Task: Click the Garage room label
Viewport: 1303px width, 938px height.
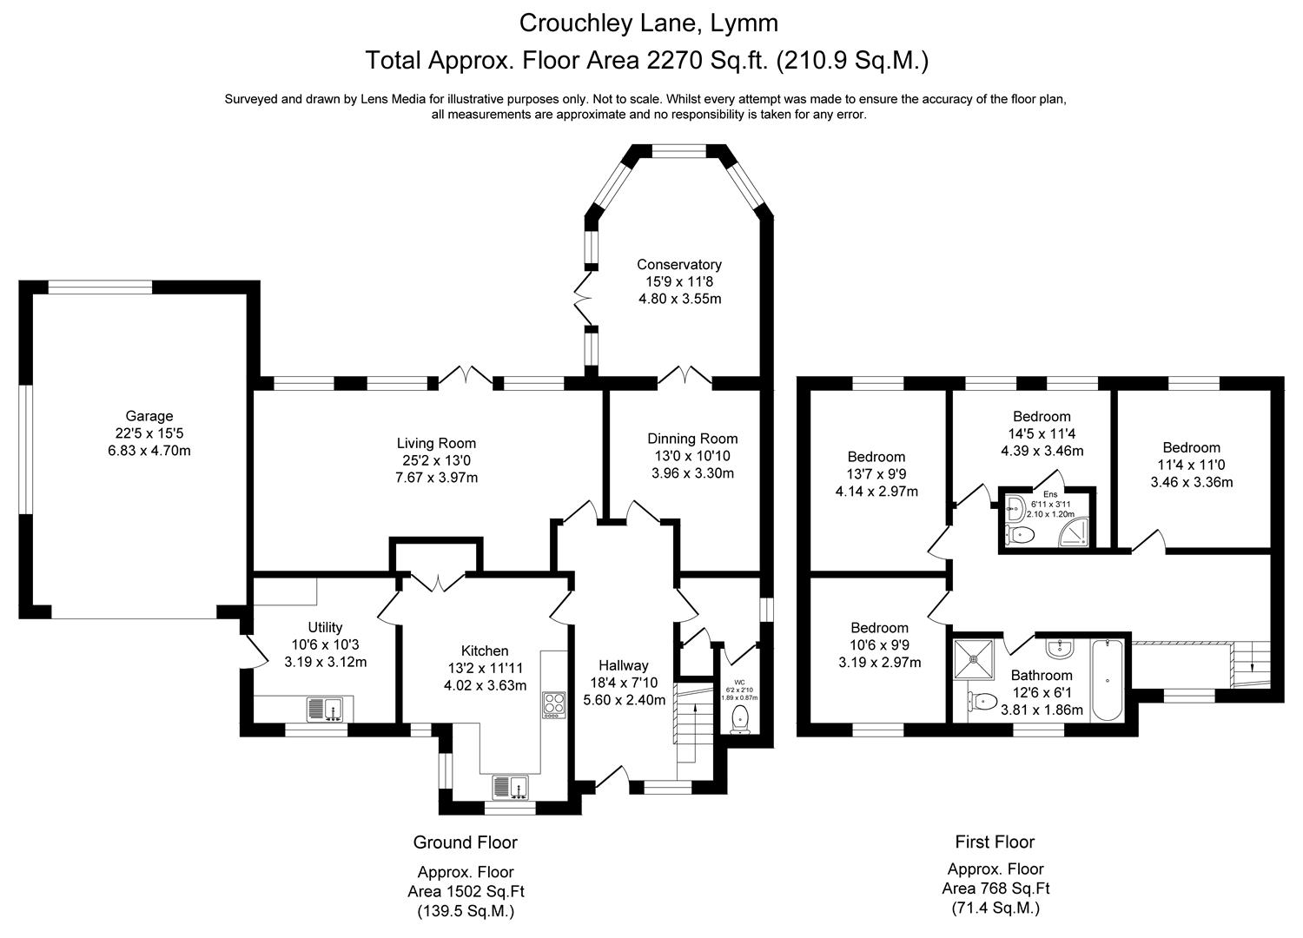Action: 149,417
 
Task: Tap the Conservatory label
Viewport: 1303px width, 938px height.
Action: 678,265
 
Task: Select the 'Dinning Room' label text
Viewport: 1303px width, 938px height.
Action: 692,439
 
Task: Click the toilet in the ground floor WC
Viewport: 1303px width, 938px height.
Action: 740,717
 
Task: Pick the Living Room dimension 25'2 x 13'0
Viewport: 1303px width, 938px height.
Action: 437,460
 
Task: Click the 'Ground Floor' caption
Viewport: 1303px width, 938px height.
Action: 465,842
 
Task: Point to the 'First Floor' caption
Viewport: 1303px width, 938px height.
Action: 995,842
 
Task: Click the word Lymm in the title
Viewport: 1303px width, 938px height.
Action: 744,22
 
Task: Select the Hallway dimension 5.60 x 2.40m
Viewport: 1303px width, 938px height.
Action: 624,700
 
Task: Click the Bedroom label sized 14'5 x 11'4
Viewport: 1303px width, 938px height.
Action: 1042,417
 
